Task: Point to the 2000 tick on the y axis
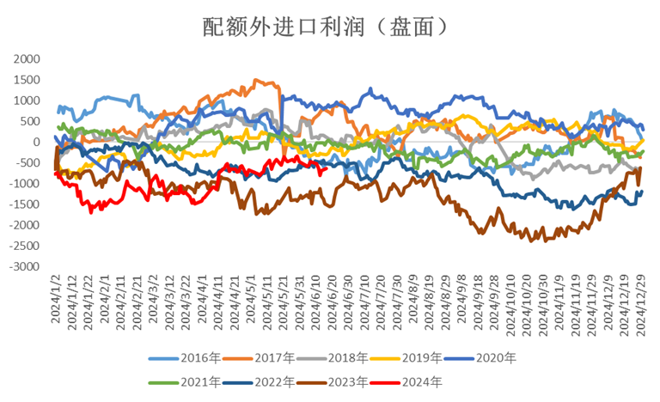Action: tap(27, 59)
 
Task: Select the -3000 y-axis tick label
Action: tap(24, 267)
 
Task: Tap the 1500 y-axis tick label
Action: tap(27, 80)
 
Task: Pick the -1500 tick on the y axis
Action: tap(24, 204)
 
